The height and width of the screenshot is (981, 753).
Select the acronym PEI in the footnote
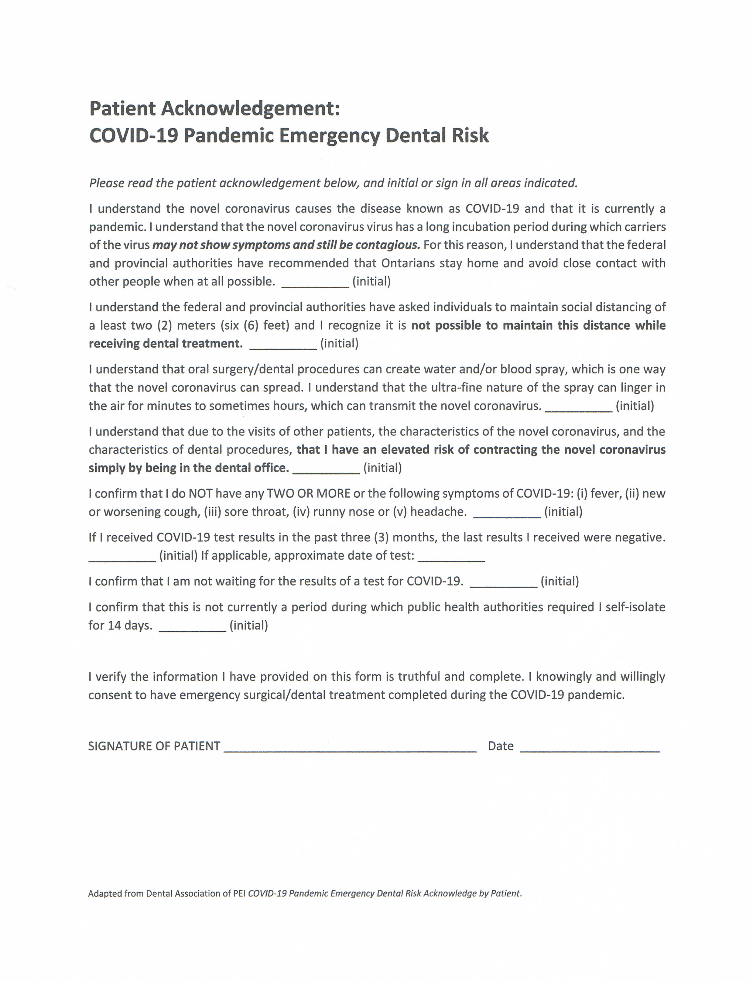coord(239,894)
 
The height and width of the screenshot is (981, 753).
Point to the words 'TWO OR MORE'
coord(308,494)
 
